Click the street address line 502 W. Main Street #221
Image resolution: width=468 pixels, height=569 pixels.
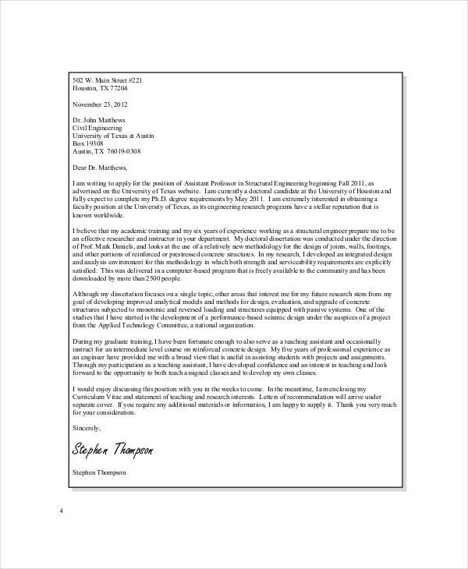107,81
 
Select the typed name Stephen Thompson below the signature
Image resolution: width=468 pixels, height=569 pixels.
98,472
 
